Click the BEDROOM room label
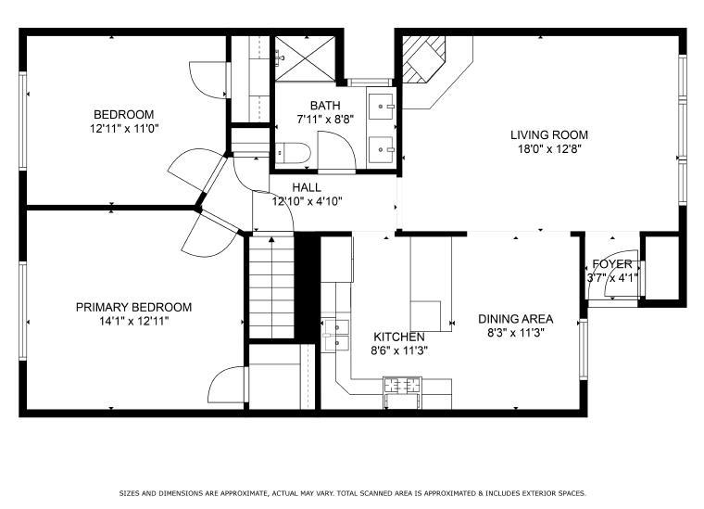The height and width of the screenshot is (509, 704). [123, 114]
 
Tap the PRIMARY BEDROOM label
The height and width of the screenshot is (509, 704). [133, 307]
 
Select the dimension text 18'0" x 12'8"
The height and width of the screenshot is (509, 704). [549, 149]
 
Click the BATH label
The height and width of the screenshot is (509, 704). [325, 106]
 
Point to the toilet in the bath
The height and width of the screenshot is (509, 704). [293, 153]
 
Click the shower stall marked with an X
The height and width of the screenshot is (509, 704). [305, 58]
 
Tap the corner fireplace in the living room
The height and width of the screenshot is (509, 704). [423, 59]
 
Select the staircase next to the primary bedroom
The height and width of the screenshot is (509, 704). [271, 287]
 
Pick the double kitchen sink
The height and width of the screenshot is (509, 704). [335, 335]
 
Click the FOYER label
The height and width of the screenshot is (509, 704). [612, 263]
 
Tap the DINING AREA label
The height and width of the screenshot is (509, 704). [515, 319]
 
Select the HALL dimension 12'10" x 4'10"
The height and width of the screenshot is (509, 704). [308, 201]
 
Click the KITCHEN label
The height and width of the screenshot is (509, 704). [399, 337]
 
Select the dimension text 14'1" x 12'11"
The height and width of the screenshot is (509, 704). [134, 321]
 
